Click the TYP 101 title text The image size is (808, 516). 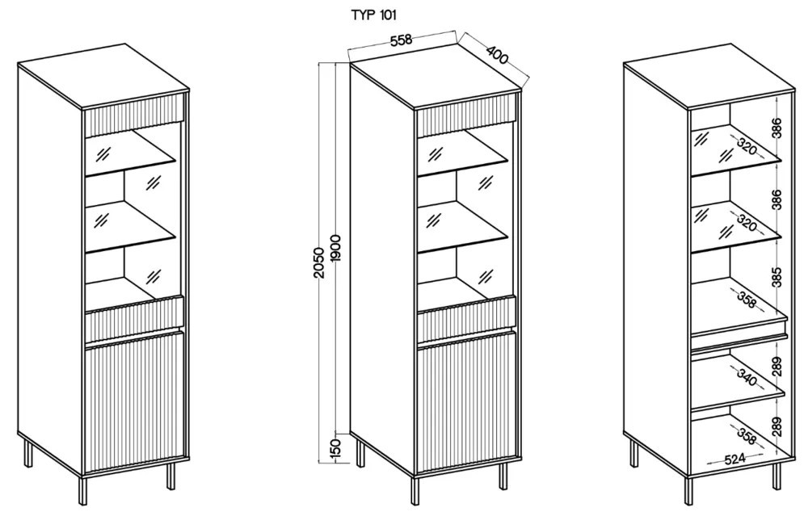coord(372,15)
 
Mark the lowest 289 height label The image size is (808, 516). coord(776,425)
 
